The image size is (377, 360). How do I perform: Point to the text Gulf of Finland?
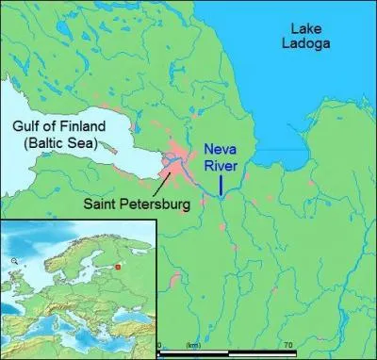coord(57,127)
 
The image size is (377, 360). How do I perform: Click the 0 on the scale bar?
coord(159,346)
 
